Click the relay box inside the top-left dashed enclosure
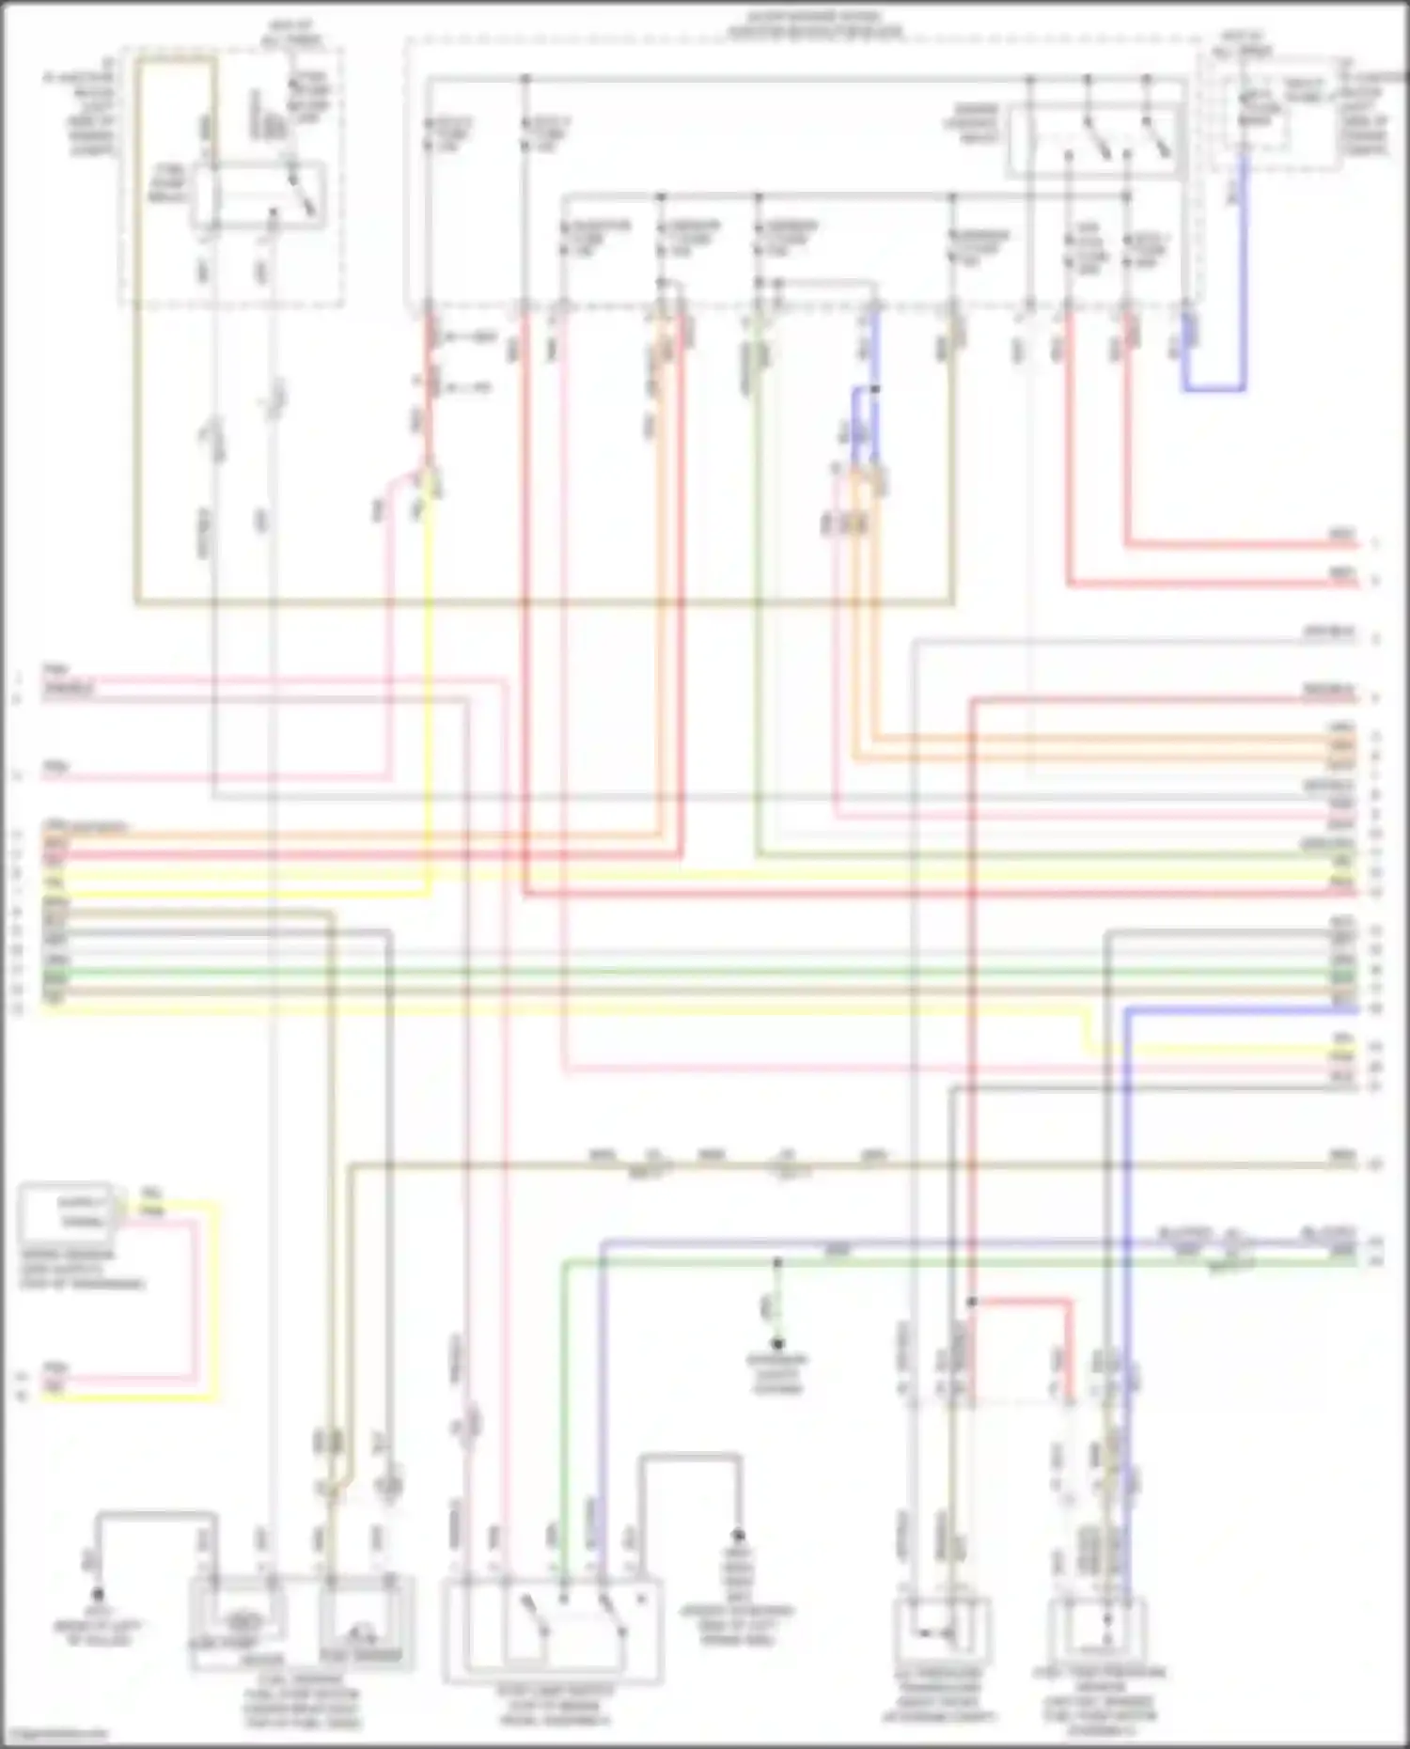(x=258, y=195)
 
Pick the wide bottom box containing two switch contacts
(x=553, y=1631)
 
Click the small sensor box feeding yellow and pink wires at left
(x=66, y=1210)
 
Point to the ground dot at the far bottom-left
(x=97, y=1595)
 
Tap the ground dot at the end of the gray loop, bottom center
(x=738, y=1535)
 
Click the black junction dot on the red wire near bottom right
(x=972, y=1303)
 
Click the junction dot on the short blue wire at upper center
(x=875, y=389)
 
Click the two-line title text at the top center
(x=814, y=24)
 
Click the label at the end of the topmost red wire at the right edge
(x=1342, y=536)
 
